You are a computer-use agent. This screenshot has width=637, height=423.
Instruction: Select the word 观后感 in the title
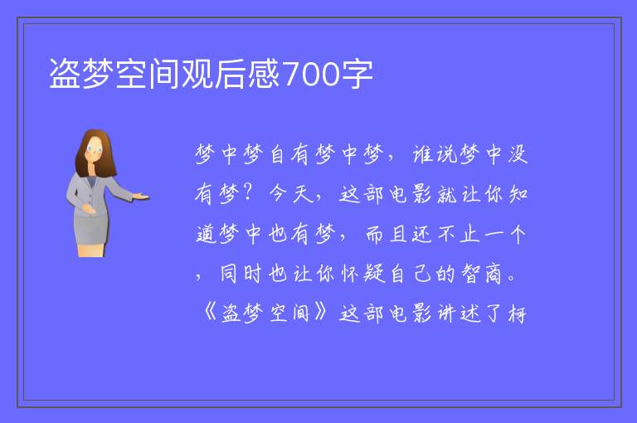(x=231, y=74)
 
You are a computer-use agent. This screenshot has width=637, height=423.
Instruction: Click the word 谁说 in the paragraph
(x=435, y=154)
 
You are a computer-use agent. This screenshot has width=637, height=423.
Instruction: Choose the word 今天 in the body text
(x=291, y=193)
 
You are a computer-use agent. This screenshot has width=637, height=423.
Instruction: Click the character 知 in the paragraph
(x=518, y=194)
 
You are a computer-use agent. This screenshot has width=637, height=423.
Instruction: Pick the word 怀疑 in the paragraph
(x=362, y=274)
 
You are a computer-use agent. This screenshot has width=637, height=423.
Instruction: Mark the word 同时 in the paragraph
(x=241, y=274)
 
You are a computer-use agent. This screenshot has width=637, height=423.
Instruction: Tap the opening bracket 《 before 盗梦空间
(x=211, y=313)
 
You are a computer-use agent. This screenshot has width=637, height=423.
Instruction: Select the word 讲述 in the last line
(x=459, y=314)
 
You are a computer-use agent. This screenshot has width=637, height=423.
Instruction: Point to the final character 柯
(x=518, y=314)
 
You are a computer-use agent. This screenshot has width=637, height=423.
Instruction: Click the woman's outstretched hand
(x=142, y=197)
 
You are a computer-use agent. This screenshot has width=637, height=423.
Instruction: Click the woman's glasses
(x=95, y=148)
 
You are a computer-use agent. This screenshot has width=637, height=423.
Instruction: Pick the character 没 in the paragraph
(x=518, y=154)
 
